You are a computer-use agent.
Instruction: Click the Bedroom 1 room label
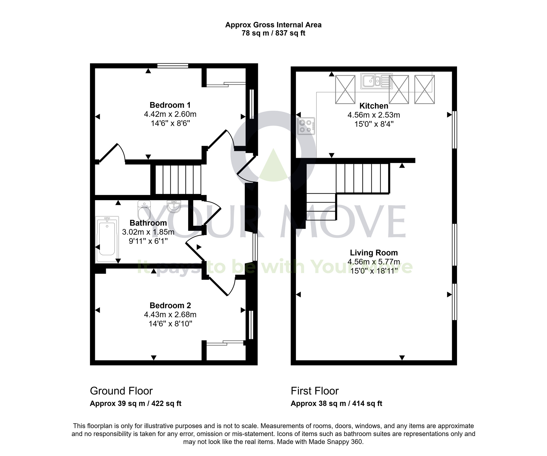point(170,105)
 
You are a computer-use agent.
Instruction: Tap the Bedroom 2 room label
point(170,305)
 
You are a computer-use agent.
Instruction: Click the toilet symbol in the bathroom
point(144,211)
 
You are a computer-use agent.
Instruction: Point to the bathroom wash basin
point(174,207)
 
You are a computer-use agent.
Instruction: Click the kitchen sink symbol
point(376,81)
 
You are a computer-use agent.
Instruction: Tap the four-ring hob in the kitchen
point(306,126)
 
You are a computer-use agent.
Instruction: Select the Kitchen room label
point(374,106)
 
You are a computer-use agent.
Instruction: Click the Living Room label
point(374,253)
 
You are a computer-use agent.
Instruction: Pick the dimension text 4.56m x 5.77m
point(374,262)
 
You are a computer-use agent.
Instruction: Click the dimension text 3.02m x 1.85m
point(148,232)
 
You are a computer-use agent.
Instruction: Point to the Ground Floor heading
point(121,391)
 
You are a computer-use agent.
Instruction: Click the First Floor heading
point(315,391)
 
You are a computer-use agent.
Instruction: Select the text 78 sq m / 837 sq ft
point(273,33)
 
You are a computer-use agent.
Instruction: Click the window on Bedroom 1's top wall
point(173,66)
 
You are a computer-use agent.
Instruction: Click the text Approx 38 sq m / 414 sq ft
point(336,403)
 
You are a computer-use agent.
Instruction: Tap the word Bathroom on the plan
point(148,223)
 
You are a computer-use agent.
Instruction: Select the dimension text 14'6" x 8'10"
point(170,324)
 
